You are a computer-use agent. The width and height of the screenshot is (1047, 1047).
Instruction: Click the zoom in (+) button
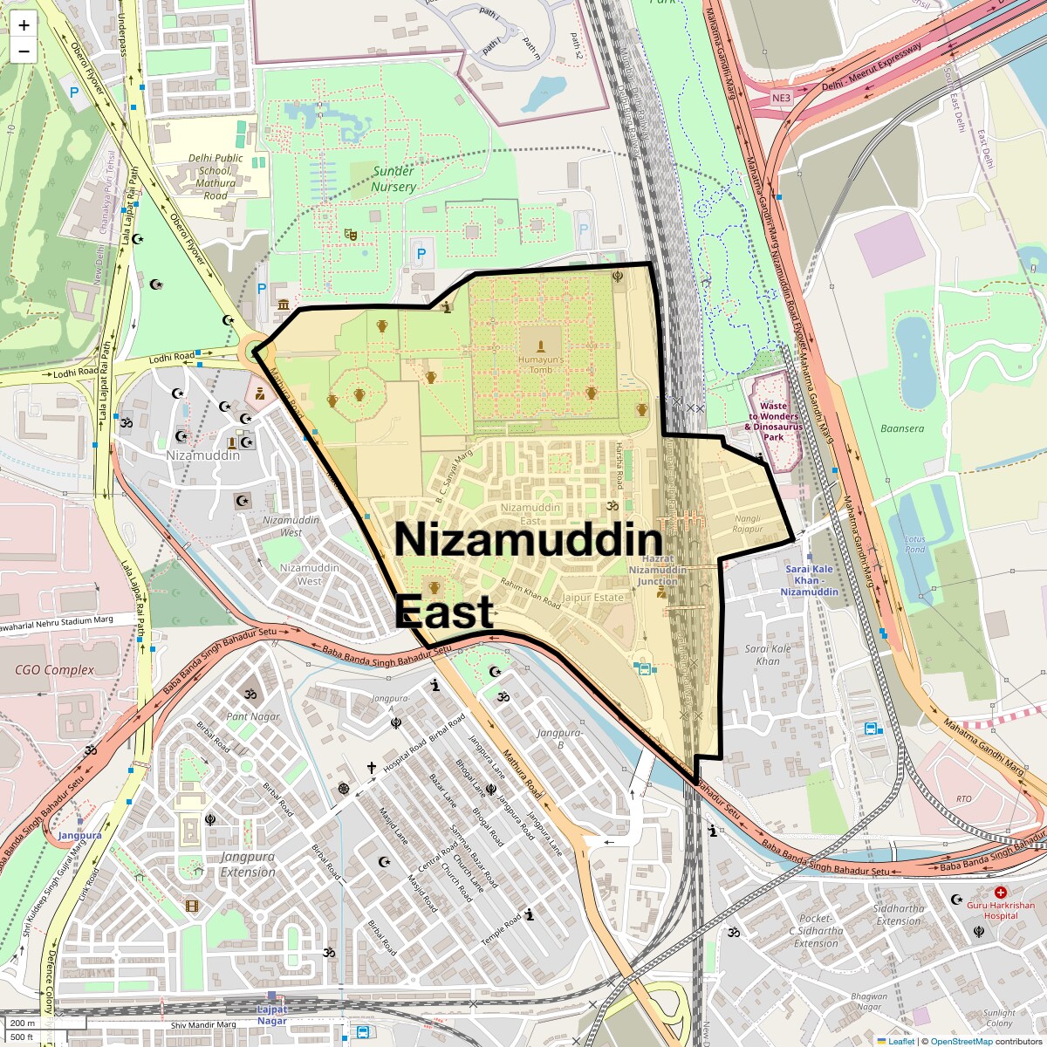click(24, 25)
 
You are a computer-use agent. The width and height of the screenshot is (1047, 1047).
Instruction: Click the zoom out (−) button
click(24, 51)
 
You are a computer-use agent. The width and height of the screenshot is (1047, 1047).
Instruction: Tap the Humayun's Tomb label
click(541, 364)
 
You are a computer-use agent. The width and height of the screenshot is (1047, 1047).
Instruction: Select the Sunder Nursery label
click(393, 179)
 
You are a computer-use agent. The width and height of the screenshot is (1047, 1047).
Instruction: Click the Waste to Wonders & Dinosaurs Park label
click(772, 416)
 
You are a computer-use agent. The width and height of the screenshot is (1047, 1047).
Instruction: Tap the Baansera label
click(902, 428)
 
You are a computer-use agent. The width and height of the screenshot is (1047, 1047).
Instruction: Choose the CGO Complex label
click(55, 670)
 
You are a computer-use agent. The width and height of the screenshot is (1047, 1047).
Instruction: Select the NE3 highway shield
click(781, 99)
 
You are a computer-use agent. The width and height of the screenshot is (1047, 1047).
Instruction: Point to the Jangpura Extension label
click(248, 864)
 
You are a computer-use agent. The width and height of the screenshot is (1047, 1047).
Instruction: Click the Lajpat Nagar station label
click(271, 1015)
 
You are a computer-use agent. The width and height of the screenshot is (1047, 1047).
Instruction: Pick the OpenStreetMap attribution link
click(961, 1041)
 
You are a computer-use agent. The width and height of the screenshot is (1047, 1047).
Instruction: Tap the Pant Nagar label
click(253, 716)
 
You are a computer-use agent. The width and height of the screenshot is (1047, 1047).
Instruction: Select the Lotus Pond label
click(915, 544)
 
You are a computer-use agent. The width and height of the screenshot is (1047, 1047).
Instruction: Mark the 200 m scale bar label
click(24, 1023)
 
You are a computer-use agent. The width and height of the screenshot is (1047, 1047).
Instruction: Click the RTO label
click(964, 798)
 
